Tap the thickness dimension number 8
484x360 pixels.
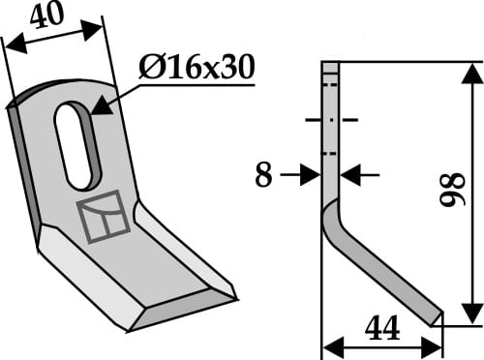(261, 176)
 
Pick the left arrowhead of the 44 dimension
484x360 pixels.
(328, 345)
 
